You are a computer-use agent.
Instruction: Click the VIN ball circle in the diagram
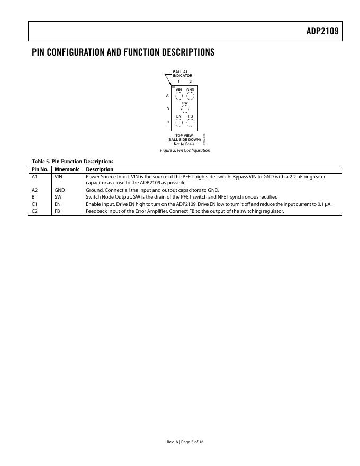(x=179, y=96)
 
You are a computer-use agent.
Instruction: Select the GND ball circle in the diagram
(x=191, y=96)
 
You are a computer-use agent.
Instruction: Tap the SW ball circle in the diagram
(x=185, y=109)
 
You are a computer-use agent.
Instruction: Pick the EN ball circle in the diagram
(x=179, y=122)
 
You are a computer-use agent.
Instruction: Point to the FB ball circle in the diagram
(x=191, y=122)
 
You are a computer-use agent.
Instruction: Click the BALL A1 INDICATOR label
(x=182, y=73)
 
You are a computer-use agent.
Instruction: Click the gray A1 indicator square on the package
(x=173, y=87)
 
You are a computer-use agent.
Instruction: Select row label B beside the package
(x=168, y=109)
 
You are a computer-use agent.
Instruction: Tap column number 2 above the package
(x=191, y=81)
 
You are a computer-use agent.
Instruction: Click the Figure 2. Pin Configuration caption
(x=185, y=150)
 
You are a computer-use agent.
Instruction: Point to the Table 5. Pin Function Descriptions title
(x=72, y=161)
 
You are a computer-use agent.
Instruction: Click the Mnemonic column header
(x=67, y=169)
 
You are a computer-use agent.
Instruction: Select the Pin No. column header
(x=40, y=169)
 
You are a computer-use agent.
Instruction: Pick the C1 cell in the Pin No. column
(x=35, y=204)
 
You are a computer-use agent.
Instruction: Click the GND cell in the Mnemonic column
(x=59, y=190)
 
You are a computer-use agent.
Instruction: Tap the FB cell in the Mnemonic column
(x=58, y=211)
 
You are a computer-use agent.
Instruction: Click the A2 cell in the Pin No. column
(x=35, y=190)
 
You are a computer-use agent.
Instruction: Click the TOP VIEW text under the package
(x=184, y=136)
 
